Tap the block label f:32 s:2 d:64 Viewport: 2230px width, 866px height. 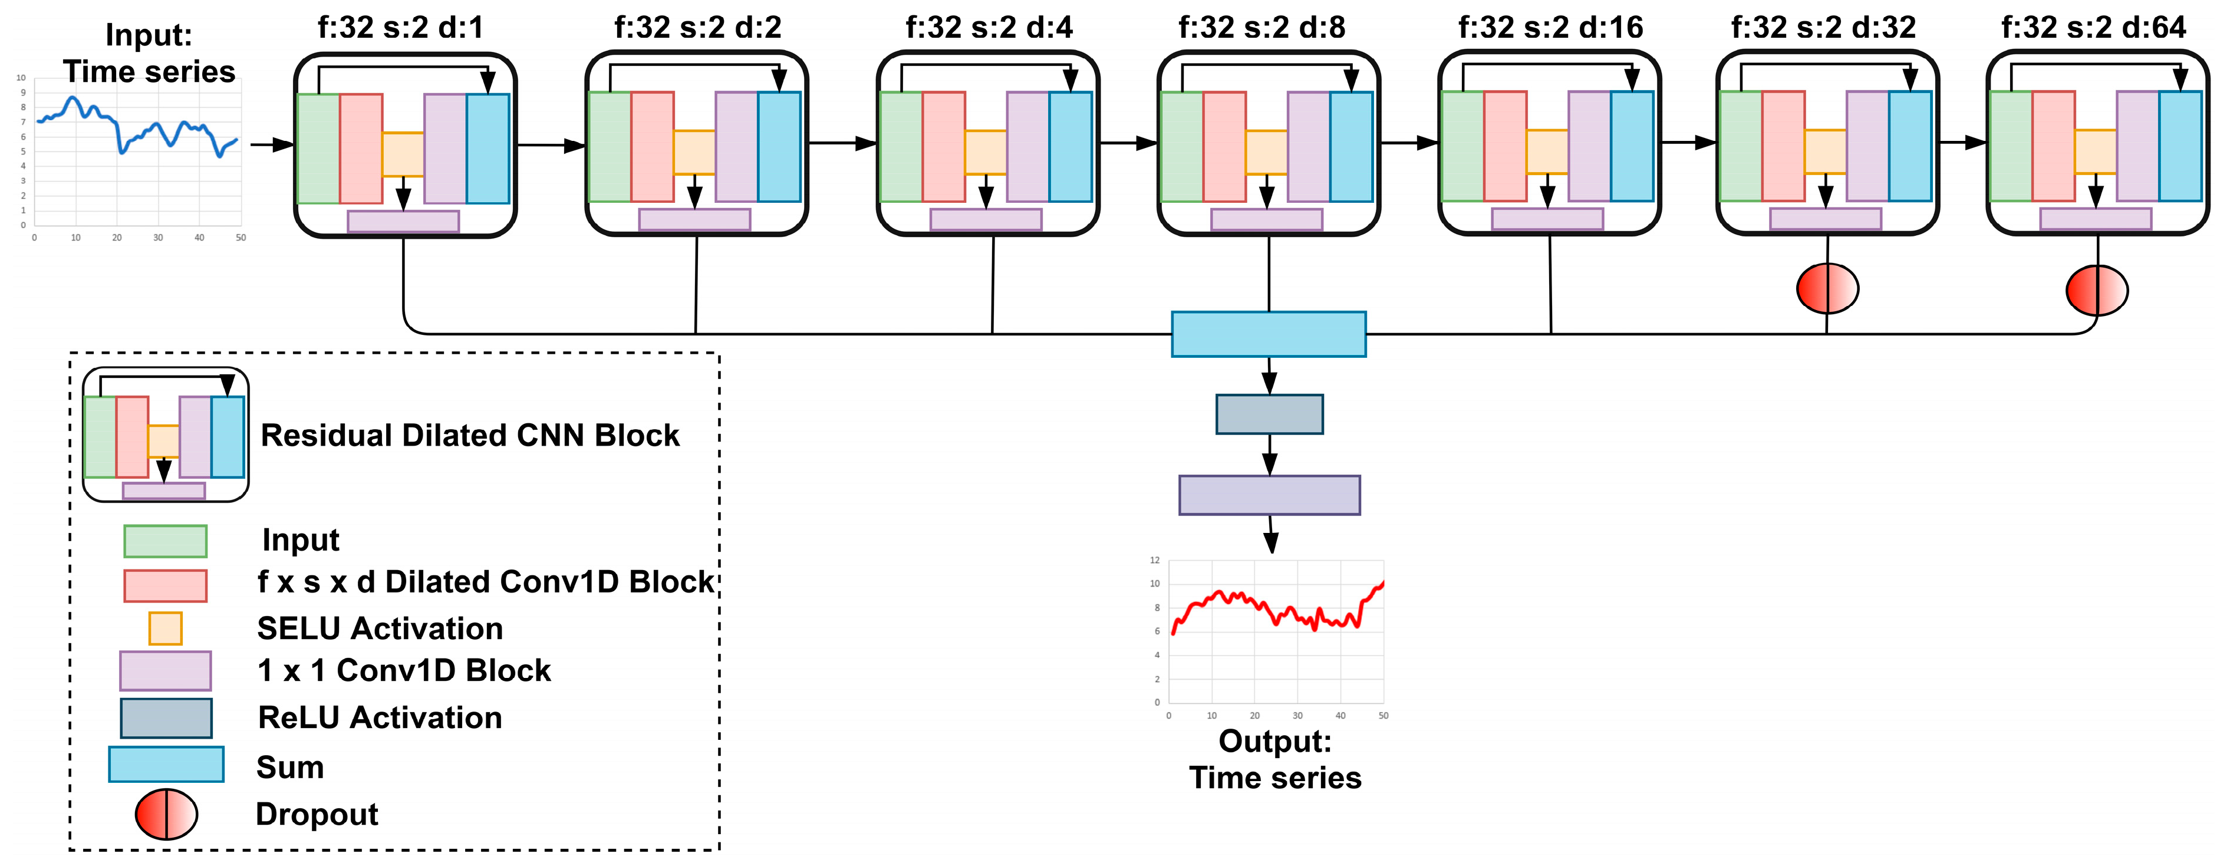[2093, 28]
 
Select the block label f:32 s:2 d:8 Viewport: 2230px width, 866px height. [1261, 28]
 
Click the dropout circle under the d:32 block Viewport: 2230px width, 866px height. [1827, 288]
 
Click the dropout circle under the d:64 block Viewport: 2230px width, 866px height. [2097, 290]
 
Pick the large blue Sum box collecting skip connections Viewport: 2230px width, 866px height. [1268, 334]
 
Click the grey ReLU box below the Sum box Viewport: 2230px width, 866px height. [1269, 414]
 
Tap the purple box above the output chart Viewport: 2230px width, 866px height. [1269, 495]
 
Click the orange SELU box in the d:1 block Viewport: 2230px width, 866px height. [403, 154]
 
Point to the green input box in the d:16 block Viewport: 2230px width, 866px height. [1462, 146]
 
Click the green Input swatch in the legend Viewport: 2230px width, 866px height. [164, 541]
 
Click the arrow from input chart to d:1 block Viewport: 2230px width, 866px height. [272, 144]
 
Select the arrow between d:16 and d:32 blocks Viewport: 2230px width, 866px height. [1688, 142]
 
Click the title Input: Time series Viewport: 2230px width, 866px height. [149, 53]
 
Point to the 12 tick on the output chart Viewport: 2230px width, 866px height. [1154, 560]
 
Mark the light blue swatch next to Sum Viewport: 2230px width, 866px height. [166, 765]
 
